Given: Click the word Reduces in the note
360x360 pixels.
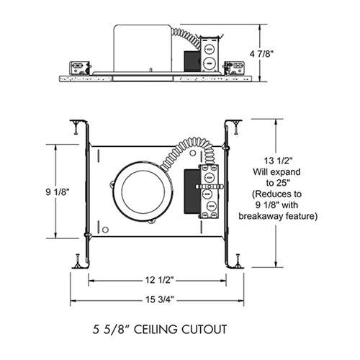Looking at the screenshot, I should pos(277,194).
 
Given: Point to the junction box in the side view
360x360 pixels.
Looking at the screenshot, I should pos(208,55).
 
